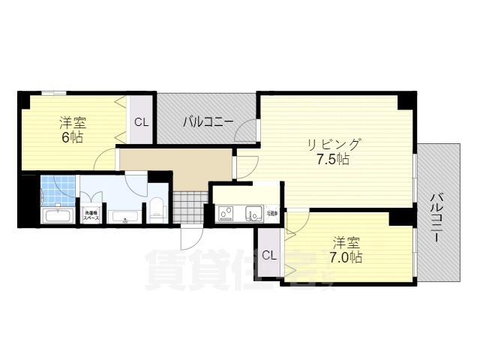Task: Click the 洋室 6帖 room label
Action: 73,130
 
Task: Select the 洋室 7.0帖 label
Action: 347,250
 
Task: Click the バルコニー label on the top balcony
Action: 208,120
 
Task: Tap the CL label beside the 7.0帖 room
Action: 269,255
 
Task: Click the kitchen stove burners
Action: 226,214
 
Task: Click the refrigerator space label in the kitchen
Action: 271,213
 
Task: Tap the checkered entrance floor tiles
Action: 187,207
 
